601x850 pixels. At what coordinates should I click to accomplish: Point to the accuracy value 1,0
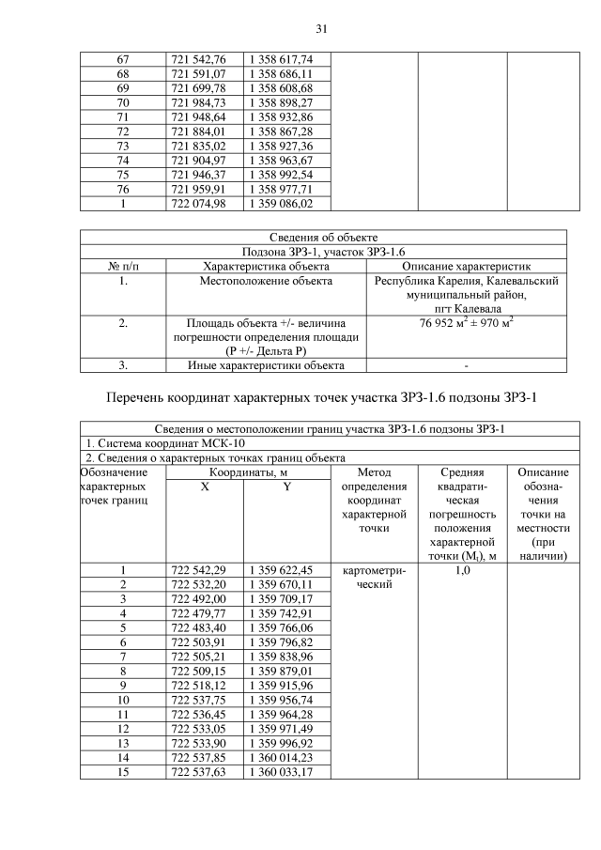[461, 569]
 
